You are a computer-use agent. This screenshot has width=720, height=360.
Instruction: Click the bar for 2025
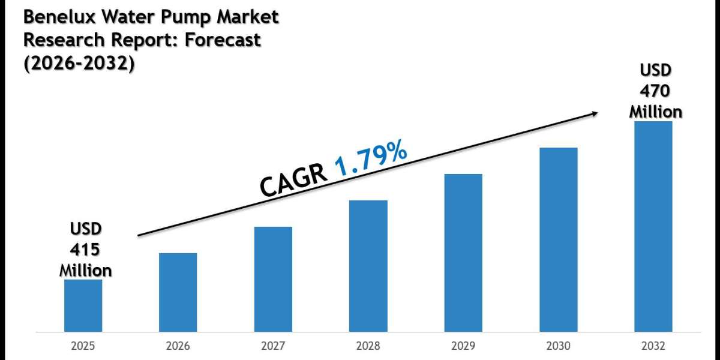click(83, 305)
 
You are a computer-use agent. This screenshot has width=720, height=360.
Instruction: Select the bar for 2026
click(178, 292)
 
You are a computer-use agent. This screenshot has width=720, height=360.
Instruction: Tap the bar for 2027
click(273, 279)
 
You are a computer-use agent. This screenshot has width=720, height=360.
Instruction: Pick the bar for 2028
click(368, 266)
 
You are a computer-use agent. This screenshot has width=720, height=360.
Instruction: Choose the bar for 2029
click(463, 253)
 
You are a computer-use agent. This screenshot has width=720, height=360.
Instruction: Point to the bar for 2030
click(559, 239)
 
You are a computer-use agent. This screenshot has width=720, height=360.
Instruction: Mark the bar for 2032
click(653, 226)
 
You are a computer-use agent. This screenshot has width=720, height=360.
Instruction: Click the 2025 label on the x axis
click(83, 346)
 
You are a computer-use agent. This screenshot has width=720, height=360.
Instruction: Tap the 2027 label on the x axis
click(273, 346)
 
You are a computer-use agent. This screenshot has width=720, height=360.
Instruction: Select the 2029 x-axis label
click(463, 346)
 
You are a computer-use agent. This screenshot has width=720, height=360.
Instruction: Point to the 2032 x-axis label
click(653, 346)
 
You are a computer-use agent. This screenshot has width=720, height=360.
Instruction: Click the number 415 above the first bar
click(85, 249)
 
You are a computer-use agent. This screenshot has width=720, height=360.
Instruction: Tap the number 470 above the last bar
click(655, 91)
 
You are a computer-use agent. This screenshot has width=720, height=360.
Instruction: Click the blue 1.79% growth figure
click(370, 158)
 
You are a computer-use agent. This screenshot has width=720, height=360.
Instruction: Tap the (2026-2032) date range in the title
click(79, 62)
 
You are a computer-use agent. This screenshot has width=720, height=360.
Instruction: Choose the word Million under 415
click(85, 270)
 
